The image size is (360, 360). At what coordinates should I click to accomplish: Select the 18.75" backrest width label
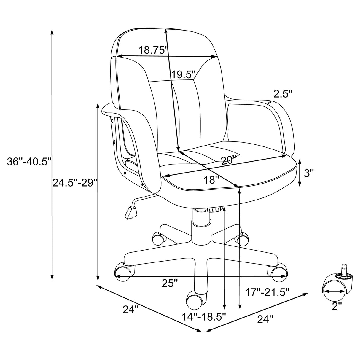154,50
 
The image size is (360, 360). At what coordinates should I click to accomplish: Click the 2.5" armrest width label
283,94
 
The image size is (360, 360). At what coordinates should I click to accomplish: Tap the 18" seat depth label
211,180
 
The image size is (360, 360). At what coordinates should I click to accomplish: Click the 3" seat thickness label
309,173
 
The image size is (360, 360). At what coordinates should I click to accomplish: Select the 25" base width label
170,283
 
